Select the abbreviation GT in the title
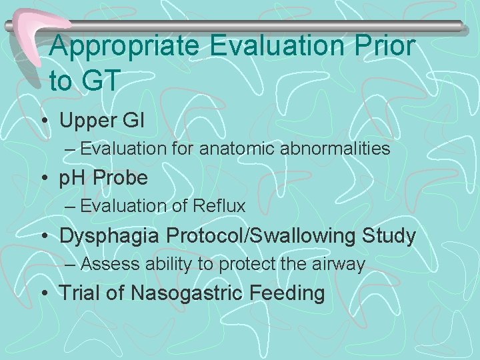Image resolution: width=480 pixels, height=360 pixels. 100,81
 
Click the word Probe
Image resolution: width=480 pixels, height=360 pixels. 121,178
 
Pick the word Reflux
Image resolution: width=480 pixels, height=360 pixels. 221,206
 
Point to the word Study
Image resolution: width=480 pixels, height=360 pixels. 389,235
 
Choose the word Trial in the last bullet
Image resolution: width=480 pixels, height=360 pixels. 81,293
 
